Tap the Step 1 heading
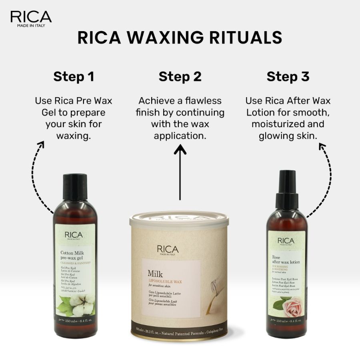pyautogui.click(x=74, y=76)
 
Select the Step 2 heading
pyautogui.click(x=180, y=76)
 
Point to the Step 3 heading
pyautogui.click(x=288, y=76)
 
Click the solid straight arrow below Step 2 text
pyautogui.click(x=180, y=172)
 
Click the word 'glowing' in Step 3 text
pyautogui.click(x=277, y=136)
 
